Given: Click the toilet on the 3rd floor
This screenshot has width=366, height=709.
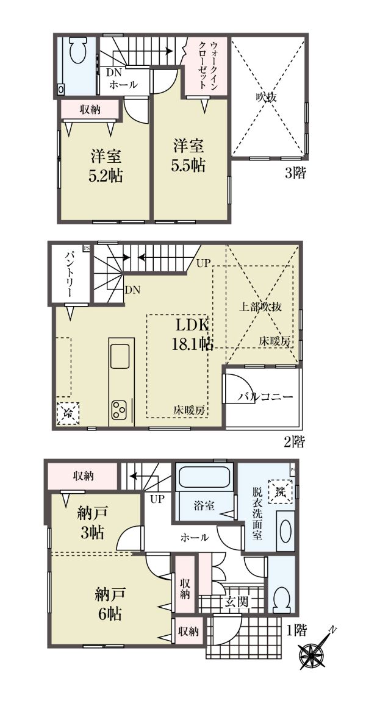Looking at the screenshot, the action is pos(79,49).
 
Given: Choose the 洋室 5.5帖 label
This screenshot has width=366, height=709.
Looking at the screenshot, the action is pos(188,155).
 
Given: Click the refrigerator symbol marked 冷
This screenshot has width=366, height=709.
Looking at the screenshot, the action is pos(68,412).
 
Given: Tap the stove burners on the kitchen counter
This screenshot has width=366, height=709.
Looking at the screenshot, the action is pos(120,409).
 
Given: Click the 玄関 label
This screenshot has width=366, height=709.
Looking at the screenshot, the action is pos(235,601).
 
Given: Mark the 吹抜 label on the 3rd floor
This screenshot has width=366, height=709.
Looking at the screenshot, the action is pos(267,97).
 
